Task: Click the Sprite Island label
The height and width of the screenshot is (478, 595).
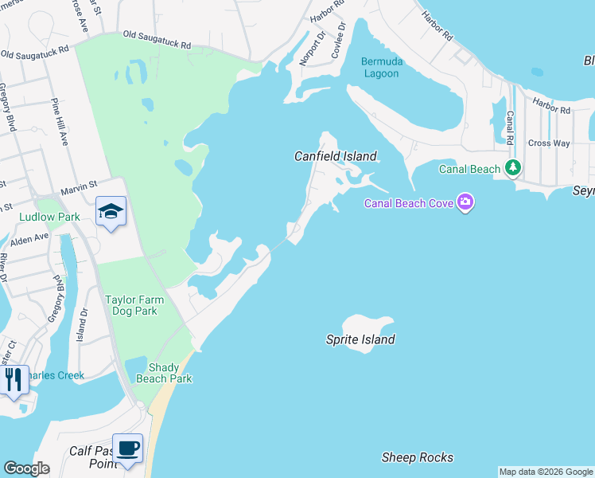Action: (x=360, y=339)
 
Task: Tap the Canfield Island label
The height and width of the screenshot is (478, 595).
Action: (x=335, y=156)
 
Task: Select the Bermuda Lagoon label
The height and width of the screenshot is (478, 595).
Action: (x=382, y=68)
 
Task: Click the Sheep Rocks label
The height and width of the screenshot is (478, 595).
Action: (x=418, y=457)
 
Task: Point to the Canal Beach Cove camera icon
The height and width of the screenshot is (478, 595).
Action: (x=465, y=203)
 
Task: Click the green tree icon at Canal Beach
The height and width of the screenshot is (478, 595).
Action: (x=514, y=168)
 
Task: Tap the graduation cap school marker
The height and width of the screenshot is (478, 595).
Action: (x=111, y=212)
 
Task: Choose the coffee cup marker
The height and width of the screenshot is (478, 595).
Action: (x=127, y=447)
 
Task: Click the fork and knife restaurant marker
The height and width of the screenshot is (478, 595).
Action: (x=14, y=379)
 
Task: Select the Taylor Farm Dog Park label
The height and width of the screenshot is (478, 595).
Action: (x=134, y=306)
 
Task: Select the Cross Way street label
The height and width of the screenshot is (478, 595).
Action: (x=549, y=143)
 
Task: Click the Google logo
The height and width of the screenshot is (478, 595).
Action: (x=26, y=468)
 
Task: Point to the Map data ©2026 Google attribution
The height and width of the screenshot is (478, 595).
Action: (x=546, y=472)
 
